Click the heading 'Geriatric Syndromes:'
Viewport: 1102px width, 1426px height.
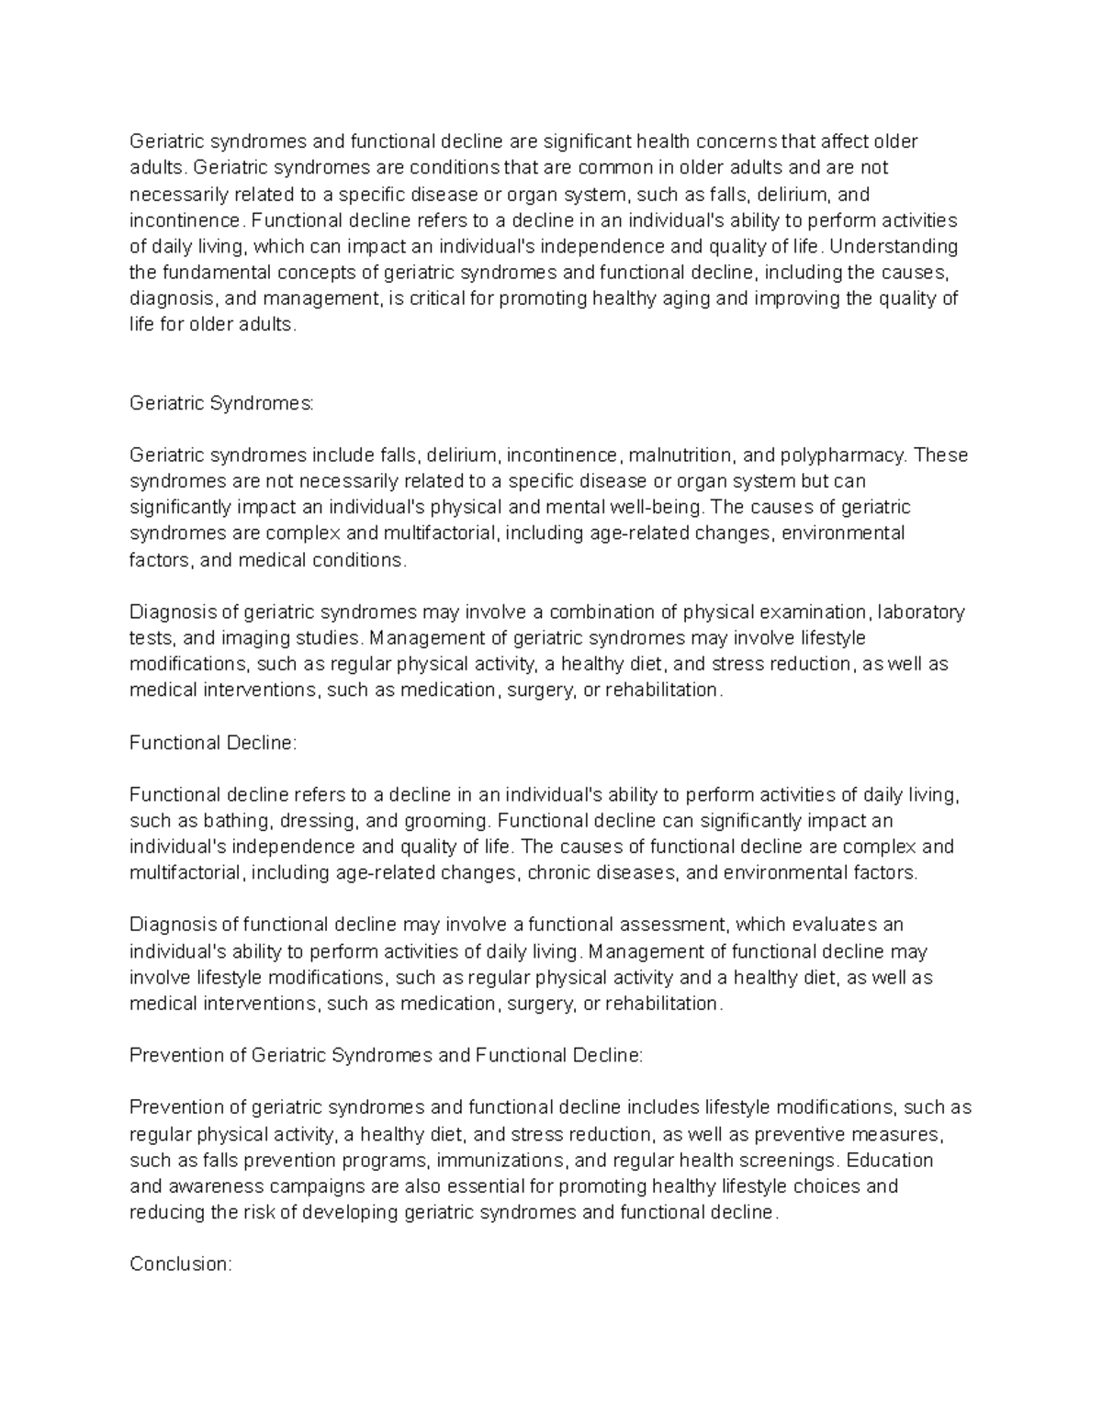pos(221,403)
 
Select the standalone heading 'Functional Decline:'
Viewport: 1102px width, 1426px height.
pos(213,743)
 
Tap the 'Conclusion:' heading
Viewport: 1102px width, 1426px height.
pos(181,1264)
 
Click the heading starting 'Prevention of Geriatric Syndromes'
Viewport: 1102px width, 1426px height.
pos(387,1056)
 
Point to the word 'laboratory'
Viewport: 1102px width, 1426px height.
pos(921,612)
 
